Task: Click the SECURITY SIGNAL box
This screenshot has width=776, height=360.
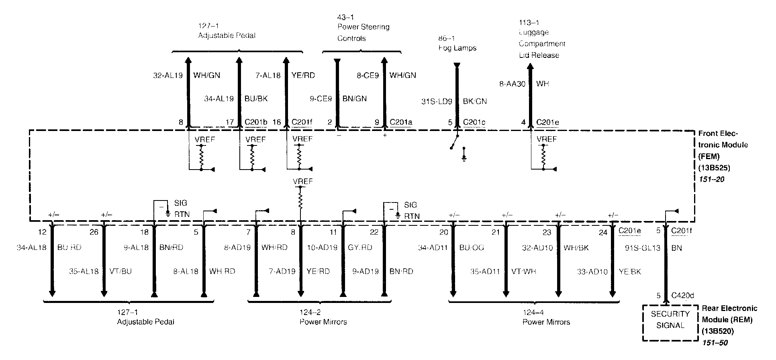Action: pyautogui.click(x=670, y=320)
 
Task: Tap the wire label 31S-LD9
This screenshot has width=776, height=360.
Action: pyautogui.click(x=437, y=102)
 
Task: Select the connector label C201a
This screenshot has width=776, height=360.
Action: pyautogui.click(x=401, y=122)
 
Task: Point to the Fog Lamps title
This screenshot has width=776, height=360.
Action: pyautogui.click(x=457, y=48)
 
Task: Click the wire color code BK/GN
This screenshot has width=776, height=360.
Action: pyautogui.click(x=475, y=102)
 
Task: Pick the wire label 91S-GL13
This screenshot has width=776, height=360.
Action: pyautogui.click(x=643, y=248)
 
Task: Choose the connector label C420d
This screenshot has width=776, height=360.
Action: pyautogui.click(x=682, y=296)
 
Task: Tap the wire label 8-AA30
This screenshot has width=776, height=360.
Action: pyautogui.click(x=512, y=84)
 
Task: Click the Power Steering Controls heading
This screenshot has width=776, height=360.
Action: pyautogui.click(x=363, y=33)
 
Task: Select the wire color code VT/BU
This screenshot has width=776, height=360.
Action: pyautogui.click(x=120, y=272)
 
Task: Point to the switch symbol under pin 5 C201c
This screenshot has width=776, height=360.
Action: pyautogui.click(x=453, y=142)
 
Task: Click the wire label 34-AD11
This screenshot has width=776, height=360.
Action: pyautogui.click(x=433, y=248)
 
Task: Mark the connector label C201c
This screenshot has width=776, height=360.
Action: pyautogui.click(x=474, y=122)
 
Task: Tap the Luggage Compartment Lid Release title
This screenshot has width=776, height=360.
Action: pyautogui.click(x=541, y=43)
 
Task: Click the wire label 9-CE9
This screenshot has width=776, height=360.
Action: pyautogui.click(x=321, y=99)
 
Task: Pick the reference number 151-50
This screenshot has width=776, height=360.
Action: pyautogui.click(x=715, y=343)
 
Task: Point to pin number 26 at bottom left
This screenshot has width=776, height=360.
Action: pyautogui.click(x=94, y=232)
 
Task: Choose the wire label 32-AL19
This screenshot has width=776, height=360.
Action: pyautogui.click(x=168, y=75)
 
